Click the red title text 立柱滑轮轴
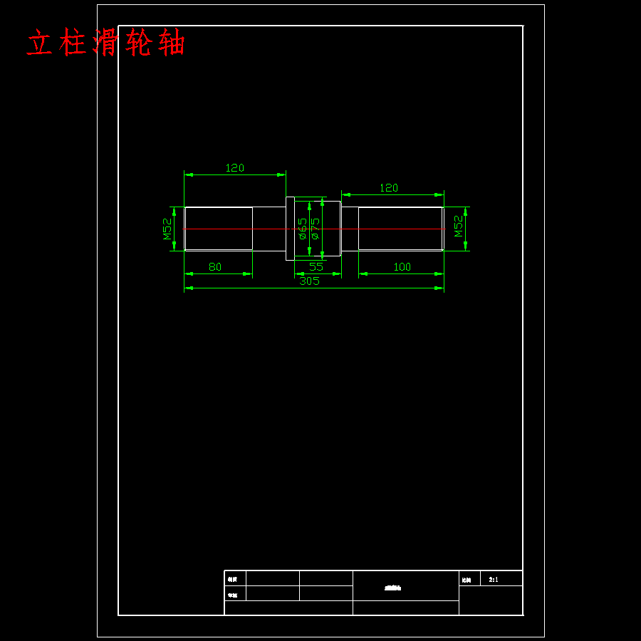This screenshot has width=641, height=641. click(x=106, y=43)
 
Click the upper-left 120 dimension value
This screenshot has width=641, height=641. click(x=234, y=168)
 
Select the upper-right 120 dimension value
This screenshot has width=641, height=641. click(x=388, y=188)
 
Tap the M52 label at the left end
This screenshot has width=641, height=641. click(x=167, y=229)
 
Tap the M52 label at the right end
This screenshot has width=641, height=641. click(x=459, y=226)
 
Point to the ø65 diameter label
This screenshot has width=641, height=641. click(x=302, y=229)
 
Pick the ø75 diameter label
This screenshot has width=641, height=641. click(x=315, y=229)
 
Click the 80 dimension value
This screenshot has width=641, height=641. click(x=214, y=267)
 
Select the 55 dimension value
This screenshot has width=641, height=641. click(x=316, y=267)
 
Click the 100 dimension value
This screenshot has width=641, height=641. click(x=402, y=267)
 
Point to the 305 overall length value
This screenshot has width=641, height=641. click(x=309, y=281)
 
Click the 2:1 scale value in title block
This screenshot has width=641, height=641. click(x=494, y=580)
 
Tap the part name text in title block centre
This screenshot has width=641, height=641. click(x=393, y=588)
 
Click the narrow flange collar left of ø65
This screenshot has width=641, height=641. click(x=290, y=229)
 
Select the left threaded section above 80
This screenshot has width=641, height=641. click(x=219, y=229)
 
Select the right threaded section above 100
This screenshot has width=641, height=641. click(x=400, y=229)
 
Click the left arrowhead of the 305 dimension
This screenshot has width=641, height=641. click(x=188, y=288)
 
